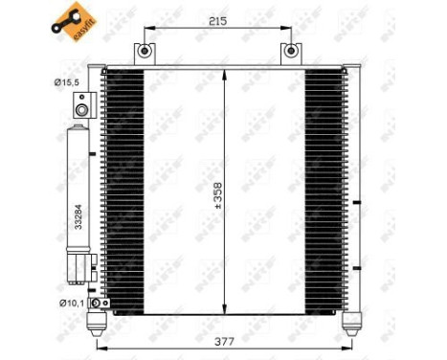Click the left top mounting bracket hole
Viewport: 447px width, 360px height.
tap(145, 51)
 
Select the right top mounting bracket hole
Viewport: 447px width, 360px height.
tap(290, 51)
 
